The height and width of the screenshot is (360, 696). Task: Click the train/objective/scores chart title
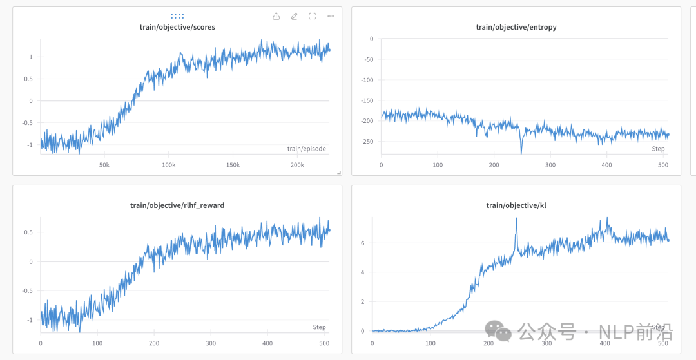[x=177, y=27]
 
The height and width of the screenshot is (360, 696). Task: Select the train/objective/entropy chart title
[x=516, y=27]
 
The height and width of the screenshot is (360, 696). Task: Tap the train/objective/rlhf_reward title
[x=177, y=205]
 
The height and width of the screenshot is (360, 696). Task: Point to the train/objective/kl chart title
[x=516, y=205]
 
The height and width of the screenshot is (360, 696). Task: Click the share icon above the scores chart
[x=276, y=16]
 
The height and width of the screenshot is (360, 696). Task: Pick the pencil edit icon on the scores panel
[x=295, y=16]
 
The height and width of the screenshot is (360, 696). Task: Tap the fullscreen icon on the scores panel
[x=313, y=16]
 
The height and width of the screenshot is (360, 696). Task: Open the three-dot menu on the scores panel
[x=331, y=16]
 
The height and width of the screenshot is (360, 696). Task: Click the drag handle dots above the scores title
[x=177, y=16]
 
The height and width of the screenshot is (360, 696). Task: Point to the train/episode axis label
[x=306, y=149]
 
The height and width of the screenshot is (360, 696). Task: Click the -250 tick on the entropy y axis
[x=367, y=142]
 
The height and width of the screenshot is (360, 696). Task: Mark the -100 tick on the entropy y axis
[x=367, y=80]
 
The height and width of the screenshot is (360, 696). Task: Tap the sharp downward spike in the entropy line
[x=521, y=152]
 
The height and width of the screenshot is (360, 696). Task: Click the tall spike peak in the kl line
[x=516, y=219]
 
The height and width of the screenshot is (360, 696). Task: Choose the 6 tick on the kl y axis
[x=363, y=243]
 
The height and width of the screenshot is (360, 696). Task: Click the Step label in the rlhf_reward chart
[x=319, y=327]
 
